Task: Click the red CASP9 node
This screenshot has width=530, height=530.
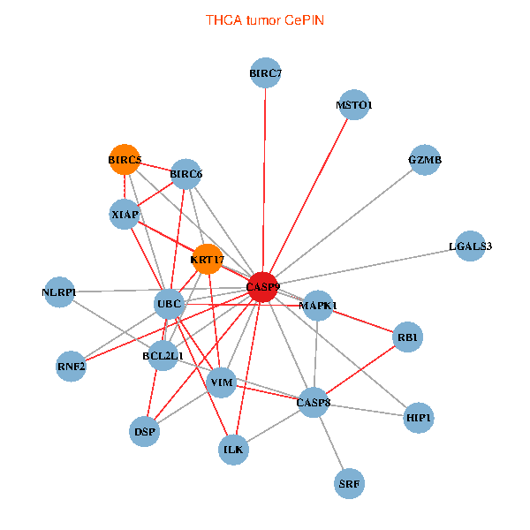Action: point(262,287)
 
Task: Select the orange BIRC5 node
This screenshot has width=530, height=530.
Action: point(125,160)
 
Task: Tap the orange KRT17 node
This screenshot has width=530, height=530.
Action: point(207,259)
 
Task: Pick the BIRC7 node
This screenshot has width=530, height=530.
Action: point(266,73)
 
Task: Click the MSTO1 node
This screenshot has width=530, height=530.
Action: point(353,105)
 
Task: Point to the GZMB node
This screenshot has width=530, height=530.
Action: point(425,161)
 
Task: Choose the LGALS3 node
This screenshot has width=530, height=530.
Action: point(470,246)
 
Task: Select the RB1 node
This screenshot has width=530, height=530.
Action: point(407,337)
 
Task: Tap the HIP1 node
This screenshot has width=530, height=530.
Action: point(420,417)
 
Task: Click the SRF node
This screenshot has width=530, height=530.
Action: point(350,483)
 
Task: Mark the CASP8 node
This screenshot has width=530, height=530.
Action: point(314,403)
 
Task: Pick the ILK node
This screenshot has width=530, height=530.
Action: point(234,450)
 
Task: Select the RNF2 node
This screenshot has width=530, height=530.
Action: point(72,366)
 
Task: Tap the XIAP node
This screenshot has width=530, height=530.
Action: point(125,214)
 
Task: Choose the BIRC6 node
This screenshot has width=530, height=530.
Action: point(186,174)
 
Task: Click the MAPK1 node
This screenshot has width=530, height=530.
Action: point(318,306)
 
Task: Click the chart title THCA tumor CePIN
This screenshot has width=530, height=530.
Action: point(265,19)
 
